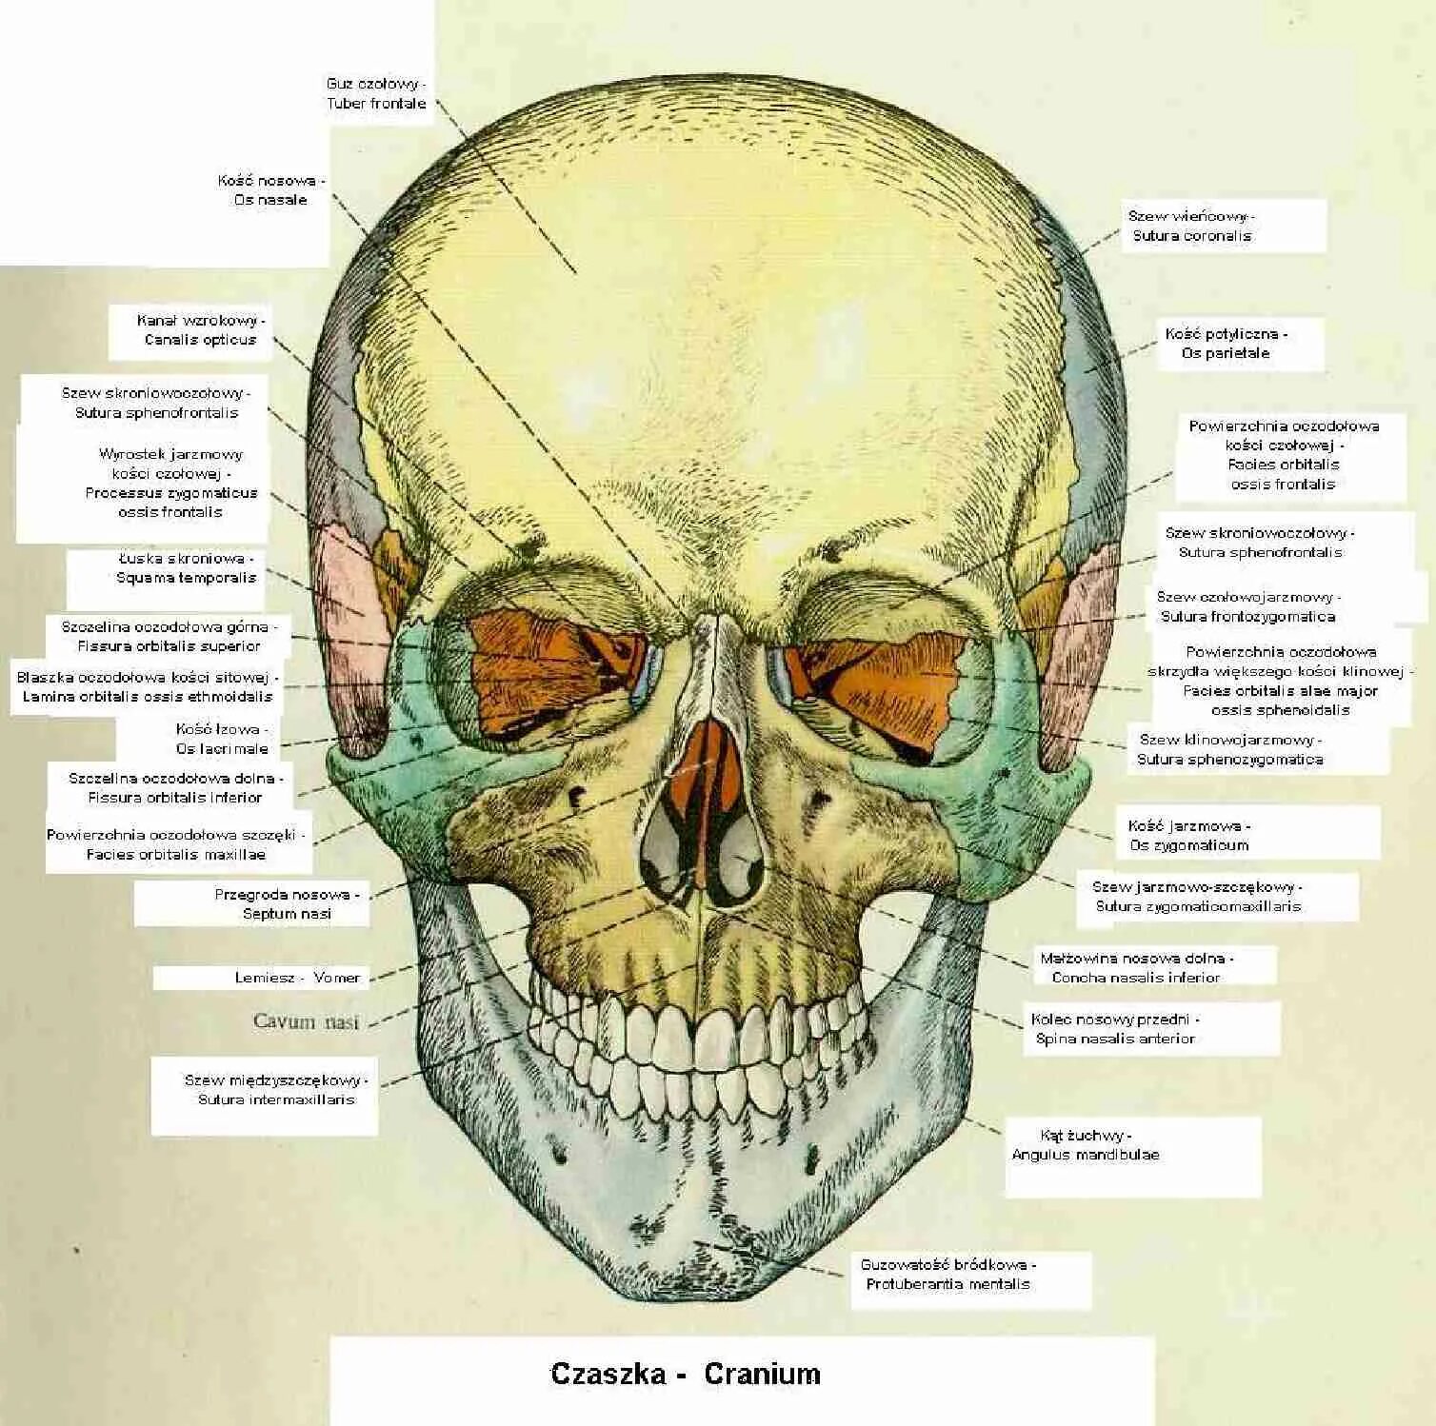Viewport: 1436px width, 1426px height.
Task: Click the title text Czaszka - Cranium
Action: point(686,1374)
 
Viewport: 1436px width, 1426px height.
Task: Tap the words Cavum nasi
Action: point(307,1022)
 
